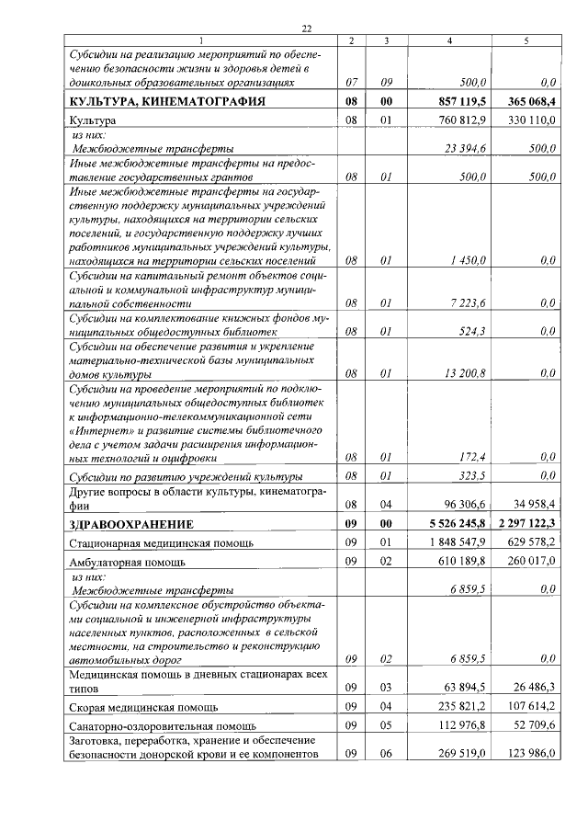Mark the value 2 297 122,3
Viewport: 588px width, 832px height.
(x=527, y=524)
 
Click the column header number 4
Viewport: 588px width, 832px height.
(x=449, y=41)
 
